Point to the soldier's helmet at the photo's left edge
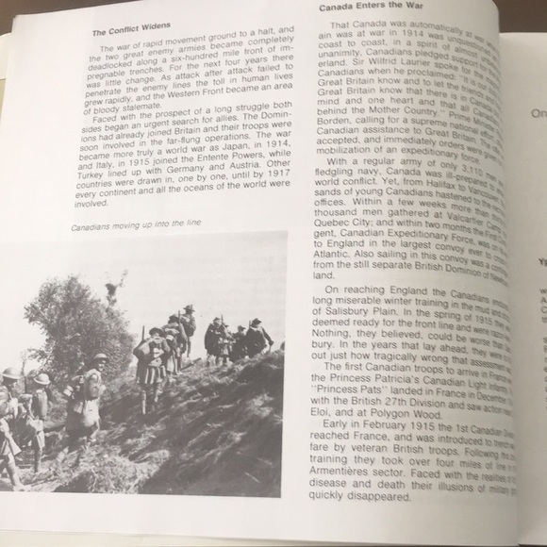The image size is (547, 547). pyautogui.click(x=10, y=375)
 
